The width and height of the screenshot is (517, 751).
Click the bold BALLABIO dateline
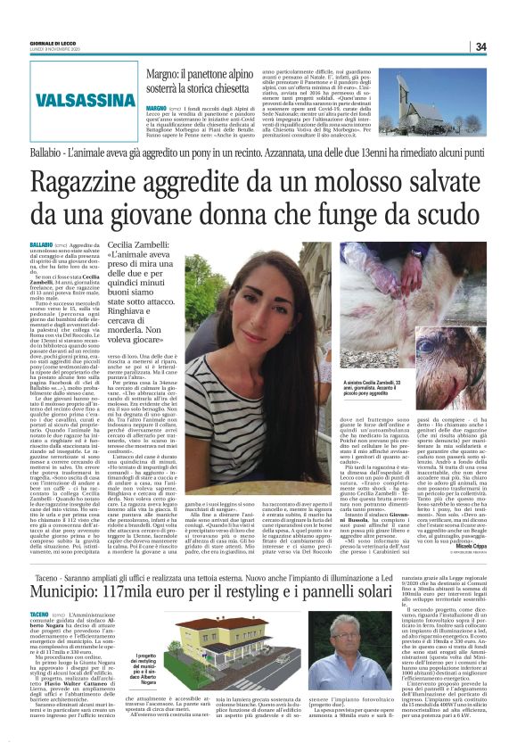point(41,243)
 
